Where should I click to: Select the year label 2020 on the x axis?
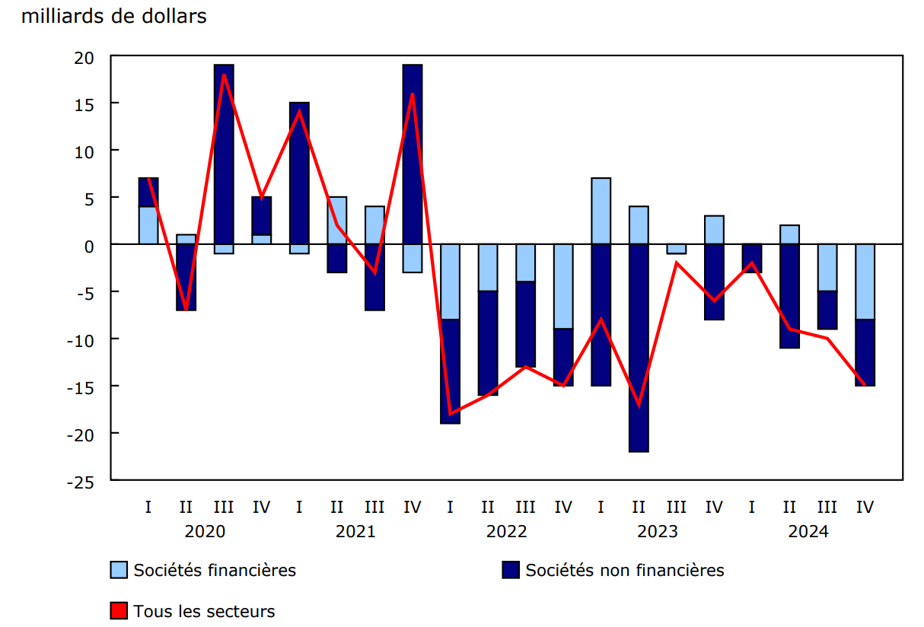click(205, 531)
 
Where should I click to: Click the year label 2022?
click(506, 531)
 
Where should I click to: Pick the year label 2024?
click(808, 531)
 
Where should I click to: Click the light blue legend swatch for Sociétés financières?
click(119, 570)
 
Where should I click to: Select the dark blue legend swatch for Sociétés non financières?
click(511, 570)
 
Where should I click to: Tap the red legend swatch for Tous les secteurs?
click(119, 611)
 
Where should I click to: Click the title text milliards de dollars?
click(114, 16)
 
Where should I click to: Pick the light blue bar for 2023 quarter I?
click(601, 211)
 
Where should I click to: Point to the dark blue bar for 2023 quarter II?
click(639, 348)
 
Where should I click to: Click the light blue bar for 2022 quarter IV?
click(563, 286)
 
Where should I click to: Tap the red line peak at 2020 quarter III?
click(224, 75)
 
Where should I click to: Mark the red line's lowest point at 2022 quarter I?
click(451, 413)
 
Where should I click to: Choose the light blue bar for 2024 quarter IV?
click(865, 282)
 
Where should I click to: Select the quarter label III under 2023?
click(677, 507)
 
